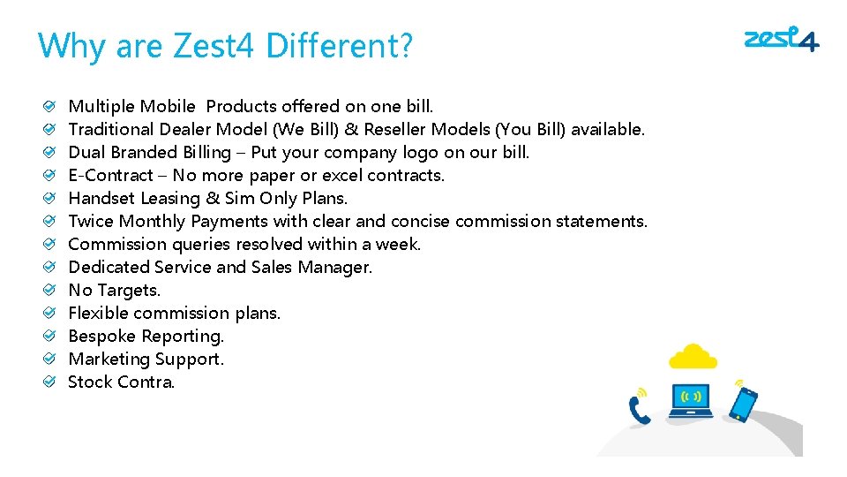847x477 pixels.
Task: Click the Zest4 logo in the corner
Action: coord(781,41)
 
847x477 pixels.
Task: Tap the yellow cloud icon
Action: coord(692,357)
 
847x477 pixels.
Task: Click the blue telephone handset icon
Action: coord(638,411)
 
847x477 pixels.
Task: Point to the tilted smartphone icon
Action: coord(744,404)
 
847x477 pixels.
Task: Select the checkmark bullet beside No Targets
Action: coord(52,290)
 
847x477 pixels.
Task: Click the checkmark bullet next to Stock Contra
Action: coord(52,382)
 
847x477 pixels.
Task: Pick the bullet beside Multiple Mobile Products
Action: coord(52,106)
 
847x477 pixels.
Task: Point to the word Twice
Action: coord(91,221)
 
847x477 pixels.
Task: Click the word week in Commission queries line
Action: coord(398,244)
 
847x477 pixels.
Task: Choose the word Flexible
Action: coord(96,313)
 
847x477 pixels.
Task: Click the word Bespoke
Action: coord(101,336)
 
